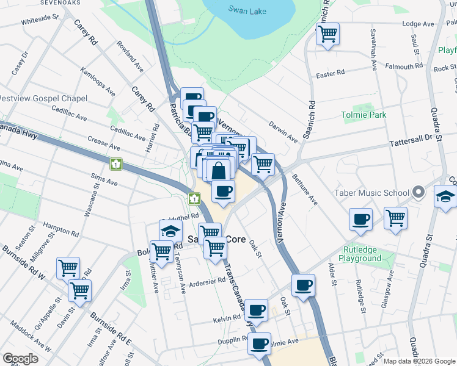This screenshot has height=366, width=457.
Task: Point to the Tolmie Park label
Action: click(x=364, y=115)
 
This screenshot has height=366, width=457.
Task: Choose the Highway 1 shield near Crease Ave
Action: click(x=116, y=163)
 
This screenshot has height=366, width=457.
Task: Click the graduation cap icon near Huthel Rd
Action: click(x=170, y=230)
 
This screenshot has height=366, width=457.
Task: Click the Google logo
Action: click(x=20, y=359)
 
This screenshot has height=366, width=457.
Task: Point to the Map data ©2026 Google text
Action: click(x=419, y=361)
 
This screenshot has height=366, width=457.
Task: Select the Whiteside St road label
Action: click(x=39, y=20)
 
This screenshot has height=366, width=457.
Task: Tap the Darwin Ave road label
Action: click(x=283, y=131)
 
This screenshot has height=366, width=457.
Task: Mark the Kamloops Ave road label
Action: click(x=98, y=82)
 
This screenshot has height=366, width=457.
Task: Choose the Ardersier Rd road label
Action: click(x=208, y=282)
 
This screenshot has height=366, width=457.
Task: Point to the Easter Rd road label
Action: click(x=330, y=73)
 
